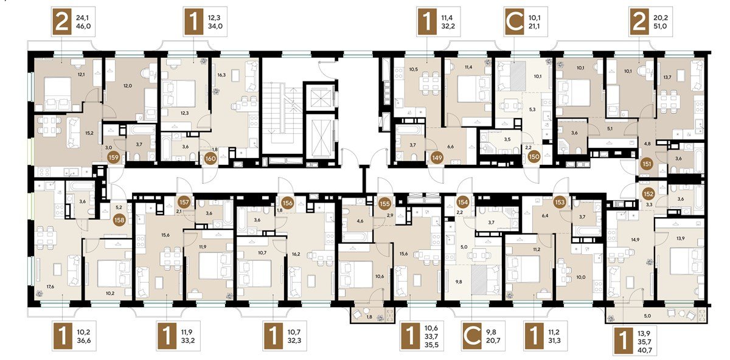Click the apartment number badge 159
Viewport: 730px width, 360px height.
114,157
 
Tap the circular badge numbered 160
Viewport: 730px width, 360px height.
210,159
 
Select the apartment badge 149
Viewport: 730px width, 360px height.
437,157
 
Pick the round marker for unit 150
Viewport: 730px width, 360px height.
534,157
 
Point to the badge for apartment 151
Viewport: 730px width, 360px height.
647,164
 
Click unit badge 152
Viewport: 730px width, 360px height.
648,194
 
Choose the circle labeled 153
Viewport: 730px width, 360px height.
560,202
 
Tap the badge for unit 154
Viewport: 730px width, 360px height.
463,202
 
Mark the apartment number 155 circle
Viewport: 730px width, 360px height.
385,204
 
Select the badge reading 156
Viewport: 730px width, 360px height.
287,203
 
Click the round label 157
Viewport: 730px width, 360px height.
184,202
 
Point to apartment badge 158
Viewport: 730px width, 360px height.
119,220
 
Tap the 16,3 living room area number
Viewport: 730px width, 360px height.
221,75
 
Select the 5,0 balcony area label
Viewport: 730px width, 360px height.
647,316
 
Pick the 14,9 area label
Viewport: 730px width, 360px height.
635,240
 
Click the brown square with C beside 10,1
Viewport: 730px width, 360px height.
514,22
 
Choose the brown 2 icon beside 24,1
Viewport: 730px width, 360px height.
62,22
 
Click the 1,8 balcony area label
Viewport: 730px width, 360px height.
369,316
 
